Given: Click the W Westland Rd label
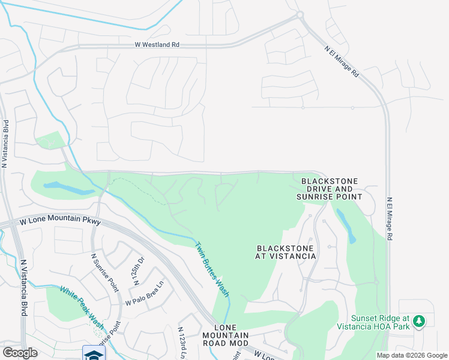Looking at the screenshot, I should [157, 44].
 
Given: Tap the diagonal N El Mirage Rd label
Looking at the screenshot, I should [342, 62].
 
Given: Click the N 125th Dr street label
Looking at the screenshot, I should [139, 271].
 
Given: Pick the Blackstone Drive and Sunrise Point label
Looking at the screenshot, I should [330, 188].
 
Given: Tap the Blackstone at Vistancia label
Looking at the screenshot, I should [286, 252].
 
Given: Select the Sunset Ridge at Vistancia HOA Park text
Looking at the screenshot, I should [381, 322].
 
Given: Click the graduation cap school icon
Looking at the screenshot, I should [94, 353].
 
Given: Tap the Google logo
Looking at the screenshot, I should [20, 353].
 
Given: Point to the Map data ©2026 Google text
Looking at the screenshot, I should [412, 355].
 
